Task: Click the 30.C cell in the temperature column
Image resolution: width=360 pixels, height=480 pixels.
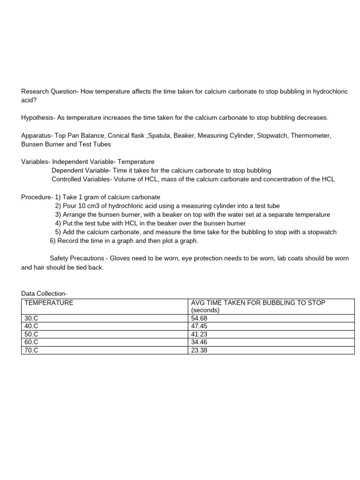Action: tap(31, 318)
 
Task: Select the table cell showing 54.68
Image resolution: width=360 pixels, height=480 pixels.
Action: tap(199, 318)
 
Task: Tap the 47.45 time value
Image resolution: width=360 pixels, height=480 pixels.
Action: tap(199, 326)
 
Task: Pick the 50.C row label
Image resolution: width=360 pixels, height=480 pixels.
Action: tap(31, 334)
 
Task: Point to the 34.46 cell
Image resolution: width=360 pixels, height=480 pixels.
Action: tap(199, 342)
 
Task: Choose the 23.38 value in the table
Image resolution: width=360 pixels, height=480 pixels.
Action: tap(199, 350)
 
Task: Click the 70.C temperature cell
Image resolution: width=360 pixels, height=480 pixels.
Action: tap(31, 350)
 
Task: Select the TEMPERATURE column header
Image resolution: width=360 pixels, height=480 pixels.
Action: tap(49, 303)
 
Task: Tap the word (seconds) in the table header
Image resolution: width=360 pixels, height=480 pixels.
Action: tap(205, 310)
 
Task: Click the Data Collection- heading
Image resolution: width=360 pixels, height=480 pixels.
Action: tap(44, 293)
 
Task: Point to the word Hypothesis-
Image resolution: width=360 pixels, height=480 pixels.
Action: tap(38, 118)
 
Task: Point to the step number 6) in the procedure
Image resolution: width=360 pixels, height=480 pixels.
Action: tap(52, 241)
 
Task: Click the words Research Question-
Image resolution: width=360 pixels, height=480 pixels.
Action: tap(49, 91)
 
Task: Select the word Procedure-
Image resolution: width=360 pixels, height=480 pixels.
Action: tap(37, 197)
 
